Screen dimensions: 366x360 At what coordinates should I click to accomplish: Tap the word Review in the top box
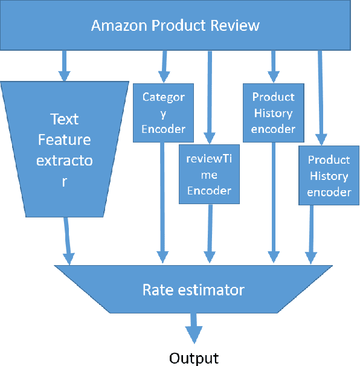[x=237, y=25]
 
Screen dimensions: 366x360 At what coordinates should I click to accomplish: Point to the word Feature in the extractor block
[x=64, y=140]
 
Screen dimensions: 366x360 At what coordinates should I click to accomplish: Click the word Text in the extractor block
[x=64, y=118]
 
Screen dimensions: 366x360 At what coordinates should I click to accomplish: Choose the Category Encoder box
[x=163, y=112]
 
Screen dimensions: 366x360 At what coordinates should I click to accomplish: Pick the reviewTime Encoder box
[x=209, y=174]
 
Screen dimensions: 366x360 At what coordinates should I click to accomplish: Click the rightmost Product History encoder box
[x=329, y=176]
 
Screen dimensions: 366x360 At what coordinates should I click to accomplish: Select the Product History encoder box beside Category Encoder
[x=273, y=112]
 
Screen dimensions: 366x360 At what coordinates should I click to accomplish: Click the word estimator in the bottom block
[x=209, y=290]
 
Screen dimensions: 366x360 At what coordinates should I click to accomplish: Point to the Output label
[x=193, y=358]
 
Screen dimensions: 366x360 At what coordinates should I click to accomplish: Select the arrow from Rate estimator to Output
[x=193, y=327]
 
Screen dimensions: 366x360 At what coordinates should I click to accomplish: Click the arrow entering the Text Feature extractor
[x=63, y=65]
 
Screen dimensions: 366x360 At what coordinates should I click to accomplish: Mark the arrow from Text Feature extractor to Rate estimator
[x=68, y=240]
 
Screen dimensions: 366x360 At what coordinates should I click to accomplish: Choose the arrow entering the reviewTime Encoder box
[x=209, y=97]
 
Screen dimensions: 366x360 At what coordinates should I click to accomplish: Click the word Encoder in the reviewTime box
[x=209, y=190]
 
